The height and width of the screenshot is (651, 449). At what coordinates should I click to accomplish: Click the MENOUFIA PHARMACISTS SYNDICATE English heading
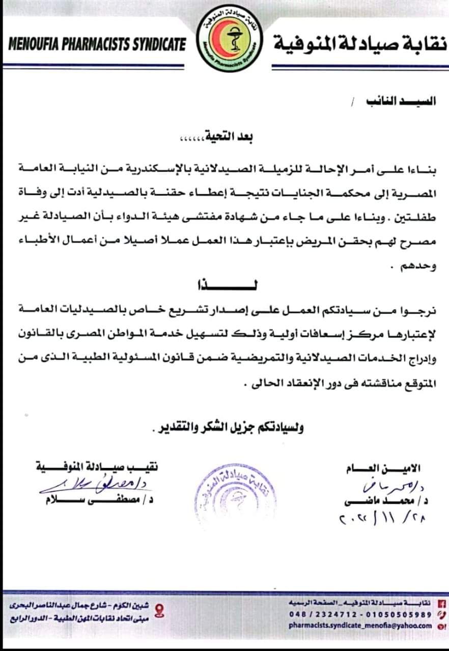click(97, 44)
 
